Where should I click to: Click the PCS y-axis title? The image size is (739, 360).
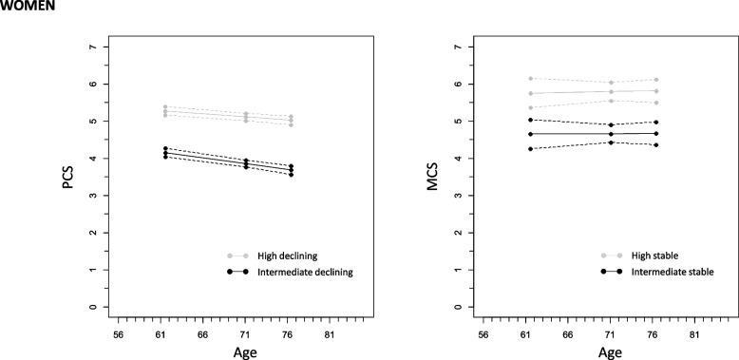click(x=68, y=177)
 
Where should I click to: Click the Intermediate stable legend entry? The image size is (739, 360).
click(x=671, y=272)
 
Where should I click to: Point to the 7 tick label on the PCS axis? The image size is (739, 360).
click(x=91, y=47)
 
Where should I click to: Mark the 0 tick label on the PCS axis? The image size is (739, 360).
click(x=91, y=308)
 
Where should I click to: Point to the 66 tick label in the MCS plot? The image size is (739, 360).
click(x=568, y=335)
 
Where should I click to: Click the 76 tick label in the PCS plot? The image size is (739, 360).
click(x=292, y=335)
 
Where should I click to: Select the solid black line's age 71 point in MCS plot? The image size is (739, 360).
click(x=611, y=134)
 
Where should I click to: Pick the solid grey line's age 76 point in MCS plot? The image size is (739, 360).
click(x=656, y=91)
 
